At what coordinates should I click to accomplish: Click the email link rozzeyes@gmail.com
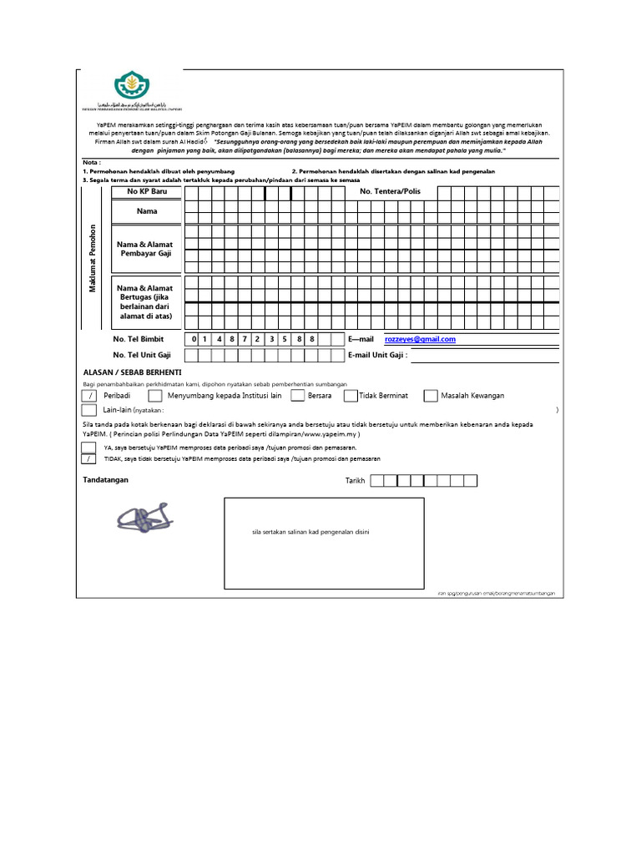click(x=420, y=340)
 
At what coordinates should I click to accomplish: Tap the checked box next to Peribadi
click(x=88, y=396)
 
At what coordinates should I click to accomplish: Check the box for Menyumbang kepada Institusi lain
click(x=155, y=396)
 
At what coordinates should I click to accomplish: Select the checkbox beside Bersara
click(x=298, y=396)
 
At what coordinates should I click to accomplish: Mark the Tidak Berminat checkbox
click(x=351, y=396)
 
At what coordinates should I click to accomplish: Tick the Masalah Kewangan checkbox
click(x=431, y=396)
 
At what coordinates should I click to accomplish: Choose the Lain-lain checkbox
click(x=88, y=410)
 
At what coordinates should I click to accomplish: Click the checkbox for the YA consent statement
click(x=88, y=448)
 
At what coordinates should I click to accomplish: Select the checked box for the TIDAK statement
click(x=88, y=459)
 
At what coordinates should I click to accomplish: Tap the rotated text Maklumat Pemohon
click(x=93, y=258)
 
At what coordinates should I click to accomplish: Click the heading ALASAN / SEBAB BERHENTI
click(x=133, y=372)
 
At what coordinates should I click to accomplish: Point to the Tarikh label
click(x=355, y=481)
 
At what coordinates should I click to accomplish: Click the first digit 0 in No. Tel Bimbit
click(x=194, y=340)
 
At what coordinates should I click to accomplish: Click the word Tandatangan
click(x=106, y=480)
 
